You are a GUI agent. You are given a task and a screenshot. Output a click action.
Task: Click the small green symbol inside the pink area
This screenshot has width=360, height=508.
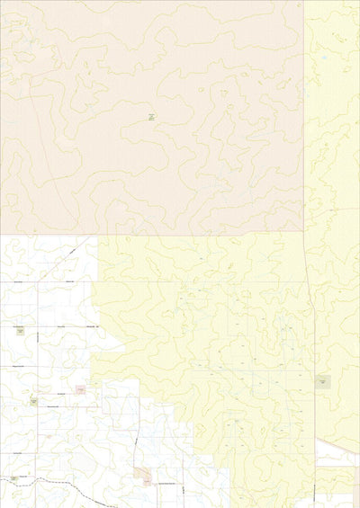[x=151, y=117]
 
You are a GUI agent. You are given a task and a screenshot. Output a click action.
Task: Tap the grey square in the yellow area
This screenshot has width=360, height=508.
[x=322, y=382]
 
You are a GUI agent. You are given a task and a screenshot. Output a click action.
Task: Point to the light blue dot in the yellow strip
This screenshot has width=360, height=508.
[x=323, y=58]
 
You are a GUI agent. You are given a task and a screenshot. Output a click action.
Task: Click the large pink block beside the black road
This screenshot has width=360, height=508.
[x=142, y=472]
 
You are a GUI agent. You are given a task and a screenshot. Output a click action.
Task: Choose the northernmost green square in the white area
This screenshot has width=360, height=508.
[x=20, y=331]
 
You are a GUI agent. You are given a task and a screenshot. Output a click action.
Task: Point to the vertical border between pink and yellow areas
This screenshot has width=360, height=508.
[x=304, y=117]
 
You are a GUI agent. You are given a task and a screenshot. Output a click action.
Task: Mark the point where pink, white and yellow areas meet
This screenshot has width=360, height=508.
[x=97, y=236]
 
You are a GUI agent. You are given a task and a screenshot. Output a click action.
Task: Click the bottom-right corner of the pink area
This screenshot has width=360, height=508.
[x=304, y=236]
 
